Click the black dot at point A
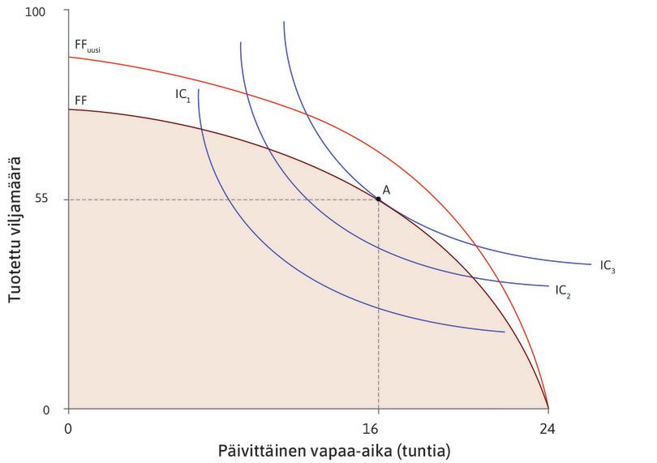click(x=378, y=199)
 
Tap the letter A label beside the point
click(x=387, y=189)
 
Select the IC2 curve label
click(x=564, y=289)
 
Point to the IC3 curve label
click(x=608, y=265)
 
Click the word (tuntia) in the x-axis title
click(x=423, y=448)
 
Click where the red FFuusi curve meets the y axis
click(x=69, y=57)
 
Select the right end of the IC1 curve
click(x=504, y=332)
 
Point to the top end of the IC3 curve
click(x=284, y=23)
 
